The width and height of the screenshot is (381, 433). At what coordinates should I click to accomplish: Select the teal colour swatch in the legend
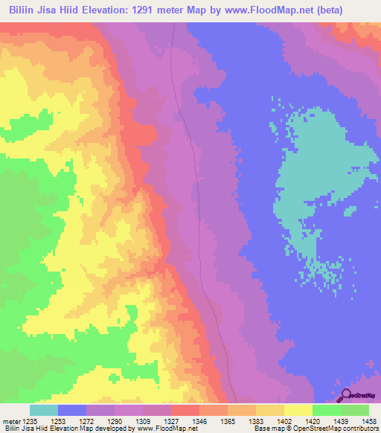[x=44, y=410]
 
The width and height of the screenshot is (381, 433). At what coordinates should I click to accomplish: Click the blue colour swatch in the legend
[x=72, y=410]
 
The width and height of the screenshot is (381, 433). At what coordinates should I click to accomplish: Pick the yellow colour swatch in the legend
[x=298, y=410]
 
